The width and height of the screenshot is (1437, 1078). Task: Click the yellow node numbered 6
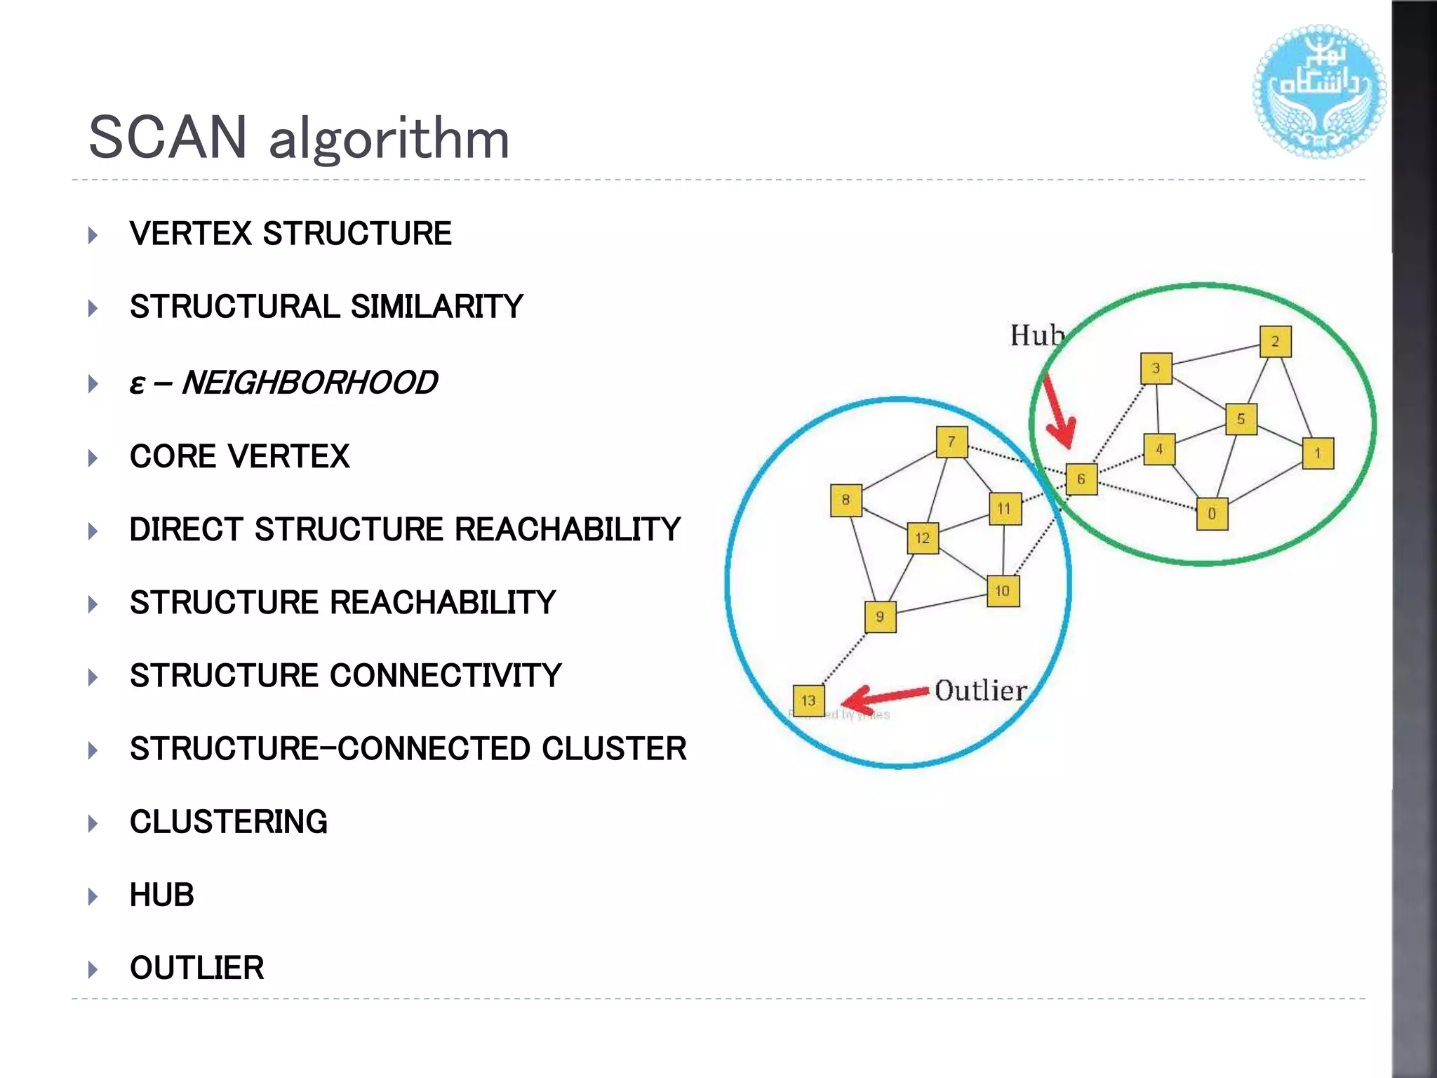click(x=1081, y=479)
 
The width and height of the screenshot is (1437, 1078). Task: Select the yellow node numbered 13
click(x=808, y=700)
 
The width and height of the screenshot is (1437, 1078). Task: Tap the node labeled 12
click(x=923, y=538)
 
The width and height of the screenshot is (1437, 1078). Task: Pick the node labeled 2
click(x=1275, y=342)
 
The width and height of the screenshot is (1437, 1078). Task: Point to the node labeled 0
click(x=1212, y=514)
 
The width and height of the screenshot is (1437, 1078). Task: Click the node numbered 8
click(x=846, y=500)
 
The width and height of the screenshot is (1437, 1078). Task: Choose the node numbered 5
click(x=1241, y=420)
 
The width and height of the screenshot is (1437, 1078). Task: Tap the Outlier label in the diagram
click(x=980, y=691)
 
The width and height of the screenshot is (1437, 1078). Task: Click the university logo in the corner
click(x=1318, y=91)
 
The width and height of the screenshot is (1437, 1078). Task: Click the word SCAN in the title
click(x=168, y=138)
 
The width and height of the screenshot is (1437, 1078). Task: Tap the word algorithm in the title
click(x=389, y=139)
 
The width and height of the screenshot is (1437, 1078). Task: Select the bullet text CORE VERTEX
click(x=239, y=457)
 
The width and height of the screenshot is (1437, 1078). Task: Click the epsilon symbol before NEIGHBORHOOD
click(x=138, y=384)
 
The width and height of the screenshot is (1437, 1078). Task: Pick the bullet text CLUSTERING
click(x=228, y=822)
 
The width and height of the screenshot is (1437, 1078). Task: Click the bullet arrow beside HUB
click(x=93, y=896)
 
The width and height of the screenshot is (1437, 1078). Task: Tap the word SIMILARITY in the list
click(x=436, y=307)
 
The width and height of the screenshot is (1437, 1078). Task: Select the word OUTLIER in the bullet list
click(x=196, y=968)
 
